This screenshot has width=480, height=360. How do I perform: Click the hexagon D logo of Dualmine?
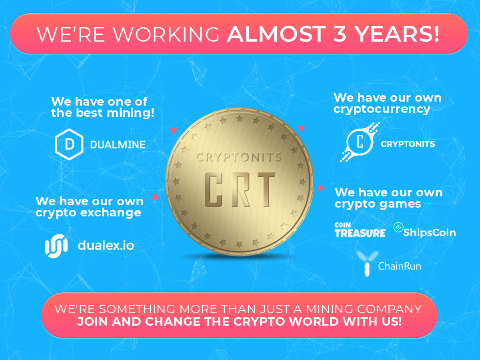[x=69, y=144]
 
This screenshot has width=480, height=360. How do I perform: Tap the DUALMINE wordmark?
[x=118, y=145]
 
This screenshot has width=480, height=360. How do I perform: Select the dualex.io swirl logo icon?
[x=56, y=246]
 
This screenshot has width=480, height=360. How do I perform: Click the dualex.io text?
[x=106, y=246]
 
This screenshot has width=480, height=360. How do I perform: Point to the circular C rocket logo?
[x=360, y=142]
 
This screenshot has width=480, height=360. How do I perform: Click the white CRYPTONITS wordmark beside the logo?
[x=408, y=144]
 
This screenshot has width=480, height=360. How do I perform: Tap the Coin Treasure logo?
[x=360, y=230]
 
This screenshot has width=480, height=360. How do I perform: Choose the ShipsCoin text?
[x=430, y=232]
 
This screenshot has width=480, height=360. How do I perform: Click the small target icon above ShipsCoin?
[x=398, y=227]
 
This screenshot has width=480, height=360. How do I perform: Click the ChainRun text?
[x=400, y=266]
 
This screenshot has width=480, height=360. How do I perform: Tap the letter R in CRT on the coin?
[x=241, y=189]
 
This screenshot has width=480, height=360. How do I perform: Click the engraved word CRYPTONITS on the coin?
[x=238, y=157]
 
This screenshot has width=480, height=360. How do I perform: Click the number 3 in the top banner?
[x=339, y=34]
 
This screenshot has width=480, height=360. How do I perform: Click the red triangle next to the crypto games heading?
[x=321, y=188]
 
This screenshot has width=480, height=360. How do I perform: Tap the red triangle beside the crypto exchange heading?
[x=155, y=196]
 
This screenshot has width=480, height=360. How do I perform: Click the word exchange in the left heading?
[x=111, y=213]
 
